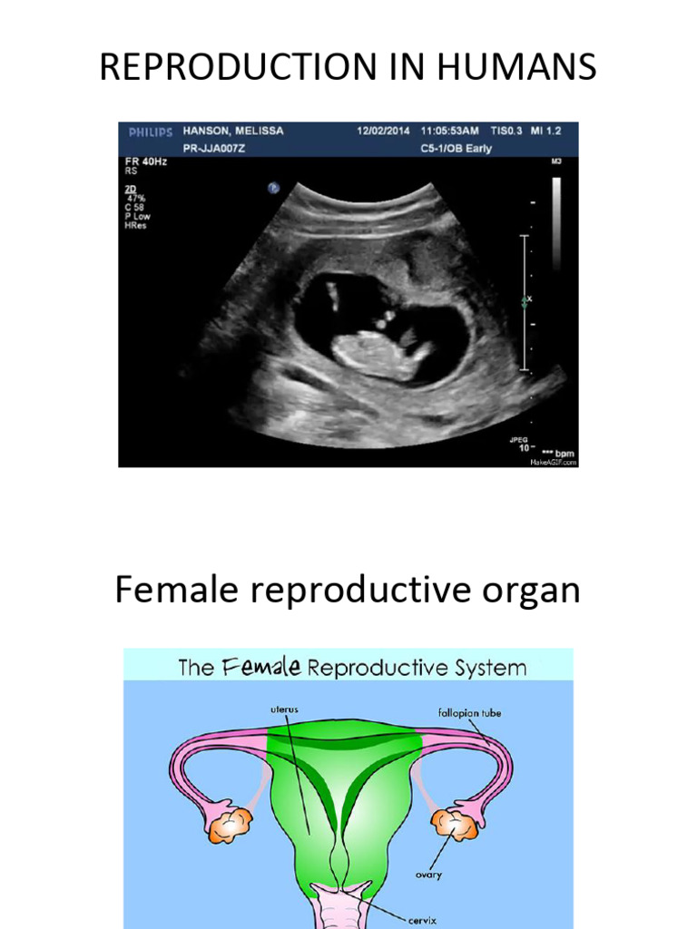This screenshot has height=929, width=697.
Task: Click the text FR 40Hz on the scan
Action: click(x=146, y=161)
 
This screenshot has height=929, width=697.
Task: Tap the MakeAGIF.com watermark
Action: click(x=553, y=462)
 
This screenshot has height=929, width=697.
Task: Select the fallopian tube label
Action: click(x=468, y=713)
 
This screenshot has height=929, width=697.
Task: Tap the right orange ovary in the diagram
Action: click(x=451, y=824)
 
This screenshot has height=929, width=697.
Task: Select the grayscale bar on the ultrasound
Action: click(x=555, y=222)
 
